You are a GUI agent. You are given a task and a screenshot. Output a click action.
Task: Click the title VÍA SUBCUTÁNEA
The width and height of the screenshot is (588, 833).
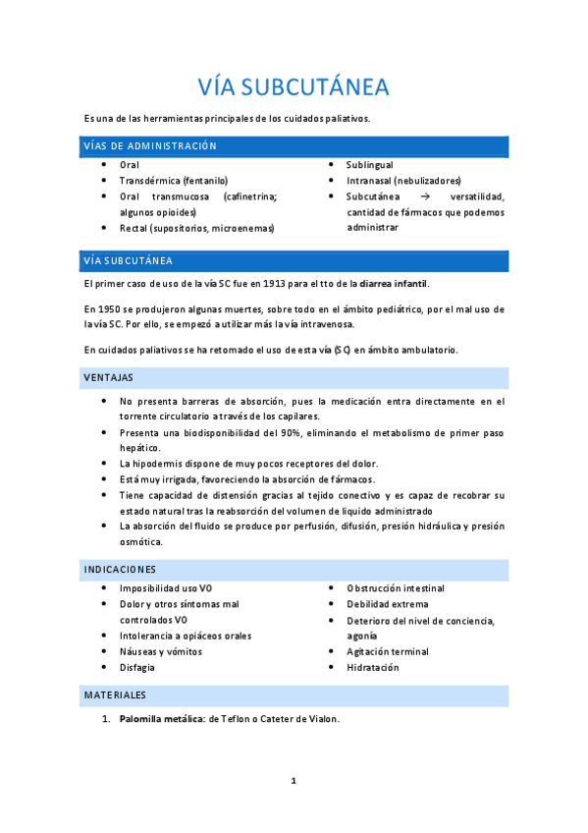(x=294, y=87)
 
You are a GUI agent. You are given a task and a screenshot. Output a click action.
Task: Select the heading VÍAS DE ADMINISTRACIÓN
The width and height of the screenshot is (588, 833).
(x=149, y=146)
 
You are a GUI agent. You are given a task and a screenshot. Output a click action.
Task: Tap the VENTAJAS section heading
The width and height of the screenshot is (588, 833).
(x=109, y=377)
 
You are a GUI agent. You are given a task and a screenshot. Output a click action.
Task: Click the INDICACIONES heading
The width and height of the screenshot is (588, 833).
(x=121, y=570)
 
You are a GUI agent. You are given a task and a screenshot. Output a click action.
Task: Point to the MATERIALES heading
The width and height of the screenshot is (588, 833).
(x=115, y=694)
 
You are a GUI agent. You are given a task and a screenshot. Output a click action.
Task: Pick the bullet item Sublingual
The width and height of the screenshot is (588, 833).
(x=369, y=165)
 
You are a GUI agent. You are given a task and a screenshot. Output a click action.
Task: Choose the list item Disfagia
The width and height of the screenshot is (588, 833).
(x=137, y=667)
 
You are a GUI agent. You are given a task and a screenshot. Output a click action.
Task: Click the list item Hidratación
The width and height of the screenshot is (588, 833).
(x=373, y=667)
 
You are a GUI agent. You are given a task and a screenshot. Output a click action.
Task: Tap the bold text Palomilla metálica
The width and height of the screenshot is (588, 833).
(x=161, y=719)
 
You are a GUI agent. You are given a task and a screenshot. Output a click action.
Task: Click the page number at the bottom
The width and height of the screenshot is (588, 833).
(x=294, y=781)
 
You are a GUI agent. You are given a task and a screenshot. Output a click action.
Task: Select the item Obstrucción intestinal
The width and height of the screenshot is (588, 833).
(x=396, y=587)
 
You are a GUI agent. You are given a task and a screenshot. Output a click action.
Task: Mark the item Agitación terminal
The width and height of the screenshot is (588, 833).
(x=388, y=651)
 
